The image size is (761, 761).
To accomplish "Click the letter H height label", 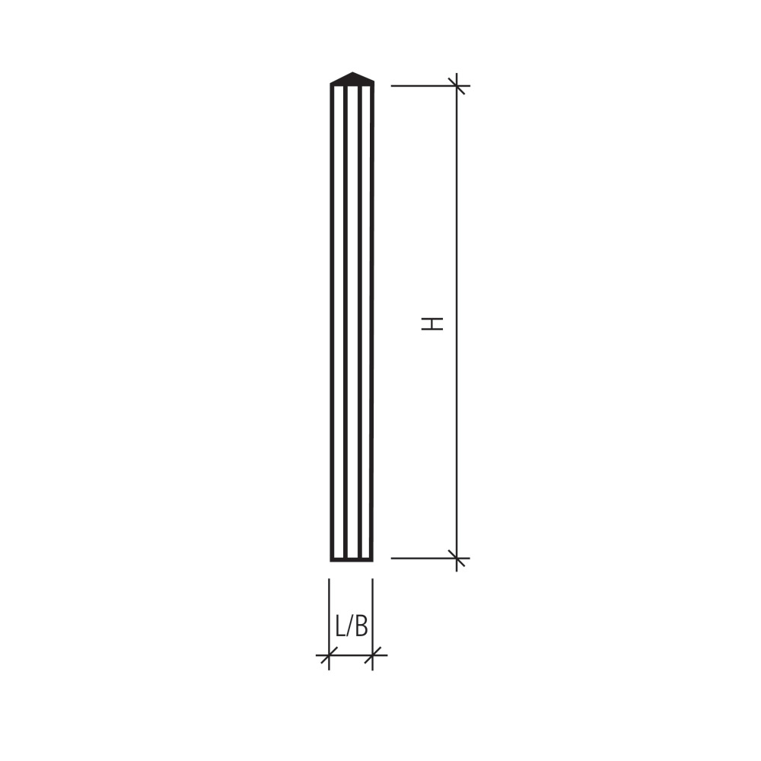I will coord(432,323).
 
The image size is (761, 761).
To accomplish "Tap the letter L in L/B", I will coord(340,626).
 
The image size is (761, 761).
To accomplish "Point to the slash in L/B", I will coord(350,626).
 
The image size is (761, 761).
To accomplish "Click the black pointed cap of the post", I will coord(352,78).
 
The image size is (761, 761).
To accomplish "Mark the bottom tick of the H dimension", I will coord(457,559).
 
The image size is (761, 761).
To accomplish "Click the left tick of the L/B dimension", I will coord(329,654).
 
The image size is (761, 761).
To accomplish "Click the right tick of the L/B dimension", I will coord(373,654).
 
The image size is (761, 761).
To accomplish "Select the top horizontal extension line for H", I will coord(422,86).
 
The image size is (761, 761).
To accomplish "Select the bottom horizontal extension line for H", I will coord(422,559).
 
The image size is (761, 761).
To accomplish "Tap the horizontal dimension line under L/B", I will coord(351,654).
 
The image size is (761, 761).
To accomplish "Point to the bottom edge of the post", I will coord(352,559).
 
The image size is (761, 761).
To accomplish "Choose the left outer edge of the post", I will coord(332,323).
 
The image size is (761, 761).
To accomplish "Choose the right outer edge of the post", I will coord(371,323).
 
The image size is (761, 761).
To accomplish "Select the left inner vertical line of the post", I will coord(345,323).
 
